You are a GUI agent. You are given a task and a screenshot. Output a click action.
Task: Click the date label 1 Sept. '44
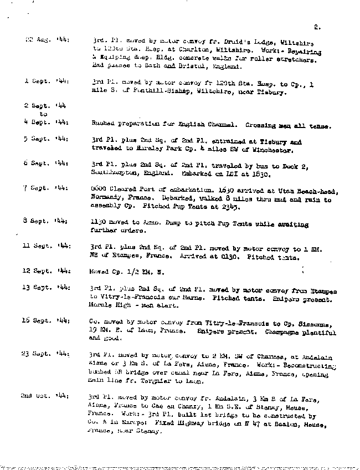click(x=46, y=81)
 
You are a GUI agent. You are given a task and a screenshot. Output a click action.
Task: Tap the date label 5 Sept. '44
click(x=46, y=139)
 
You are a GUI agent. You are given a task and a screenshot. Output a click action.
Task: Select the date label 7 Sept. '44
click(x=46, y=189)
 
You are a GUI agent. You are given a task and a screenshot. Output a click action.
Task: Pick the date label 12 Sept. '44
click(x=46, y=271)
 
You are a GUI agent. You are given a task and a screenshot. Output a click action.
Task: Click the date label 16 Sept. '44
click(x=46, y=321)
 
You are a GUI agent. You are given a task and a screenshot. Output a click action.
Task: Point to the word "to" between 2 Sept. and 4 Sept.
click(x=43, y=115)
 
